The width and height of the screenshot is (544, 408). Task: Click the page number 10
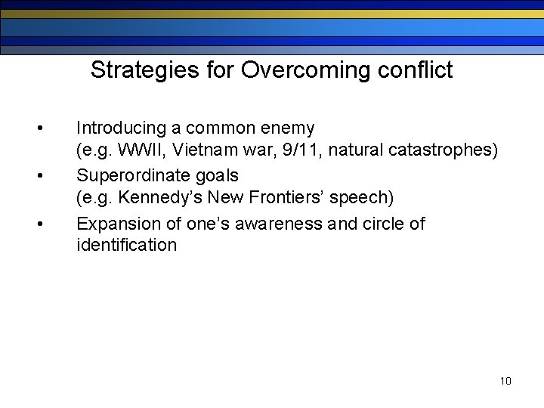pyautogui.click(x=505, y=381)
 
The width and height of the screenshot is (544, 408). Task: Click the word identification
pyautogui.click(x=126, y=245)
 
